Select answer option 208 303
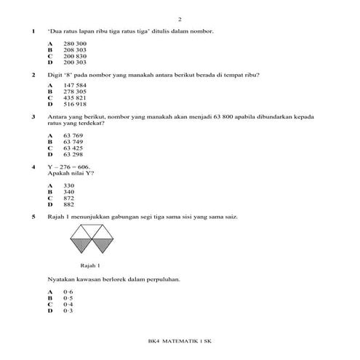(x=75, y=49)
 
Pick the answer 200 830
(x=75, y=55)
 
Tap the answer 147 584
(x=75, y=87)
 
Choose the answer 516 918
(x=75, y=104)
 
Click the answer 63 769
(x=73, y=136)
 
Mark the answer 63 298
(x=73, y=154)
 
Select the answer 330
(x=69, y=186)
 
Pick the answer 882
(x=69, y=204)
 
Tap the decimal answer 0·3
(x=68, y=310)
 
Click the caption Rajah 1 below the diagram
(x=89, y=265)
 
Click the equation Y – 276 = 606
(x=73, y=167)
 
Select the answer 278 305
(x=75, y=92)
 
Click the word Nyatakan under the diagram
(x=60, y=279)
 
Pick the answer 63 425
(x=73, y=148)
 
